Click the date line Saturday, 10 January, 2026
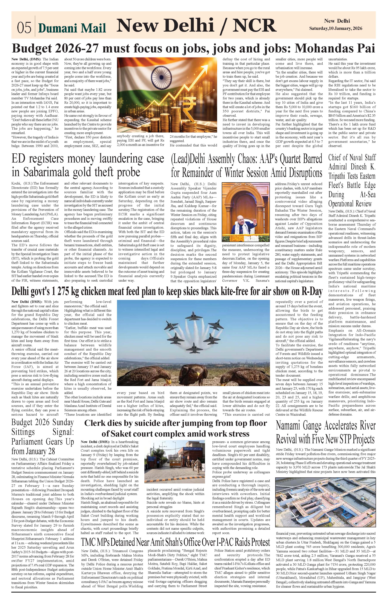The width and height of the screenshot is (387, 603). click(x=336, y=28)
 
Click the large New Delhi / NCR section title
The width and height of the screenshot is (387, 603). click(x=197, y=26)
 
